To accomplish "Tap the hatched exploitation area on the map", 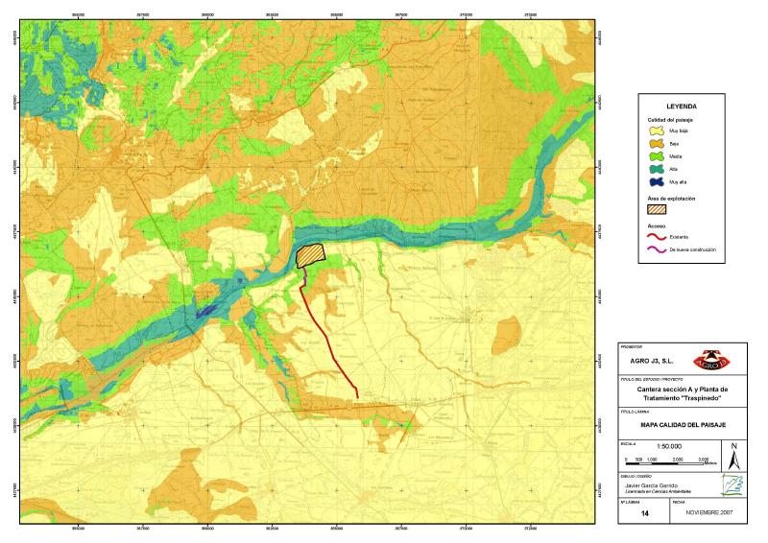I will point(311,255).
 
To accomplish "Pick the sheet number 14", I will point(644,513).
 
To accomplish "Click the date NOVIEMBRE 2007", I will point(709,513).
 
